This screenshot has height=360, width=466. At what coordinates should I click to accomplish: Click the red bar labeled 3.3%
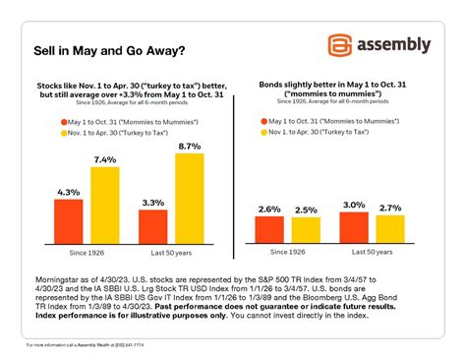[x=152, y=226]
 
